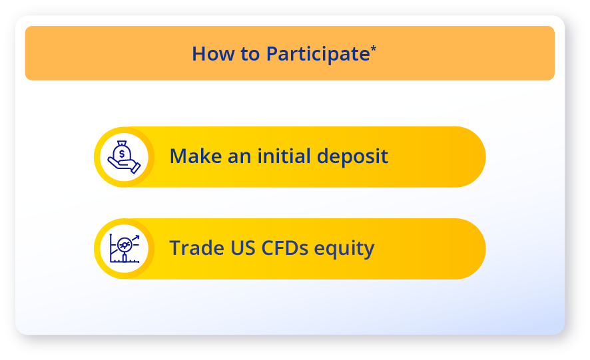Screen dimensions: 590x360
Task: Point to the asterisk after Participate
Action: (x=374, y=48)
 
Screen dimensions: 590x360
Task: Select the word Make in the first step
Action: (x=196, y=156)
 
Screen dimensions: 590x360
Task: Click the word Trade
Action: (x=197, y=248)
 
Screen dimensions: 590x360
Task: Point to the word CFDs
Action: (x=284, y=248)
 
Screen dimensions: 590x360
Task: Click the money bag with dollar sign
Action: (x=122, y=151)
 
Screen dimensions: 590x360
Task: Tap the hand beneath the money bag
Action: (x=124, y=165)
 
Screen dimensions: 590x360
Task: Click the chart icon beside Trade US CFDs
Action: (x=125, y=248)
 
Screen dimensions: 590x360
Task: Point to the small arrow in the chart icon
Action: (x=136, y=238)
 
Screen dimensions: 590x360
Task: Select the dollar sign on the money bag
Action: (x=122, y=154)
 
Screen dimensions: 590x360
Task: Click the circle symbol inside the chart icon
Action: (x=125, y=246)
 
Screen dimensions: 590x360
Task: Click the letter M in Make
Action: (x=178, y=156)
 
